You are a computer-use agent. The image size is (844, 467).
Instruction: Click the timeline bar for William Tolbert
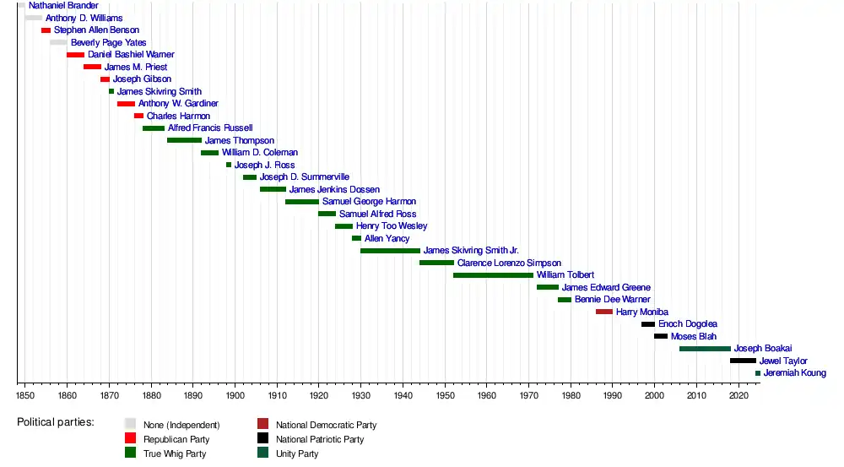(493, 275)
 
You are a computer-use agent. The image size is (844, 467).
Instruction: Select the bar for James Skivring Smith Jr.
(390, 251)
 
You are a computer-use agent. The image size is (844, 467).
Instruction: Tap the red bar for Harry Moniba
(604, 312)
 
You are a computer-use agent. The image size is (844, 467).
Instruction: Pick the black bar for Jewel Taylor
(743, 361)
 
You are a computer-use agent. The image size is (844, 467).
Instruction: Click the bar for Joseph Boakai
(705, 349)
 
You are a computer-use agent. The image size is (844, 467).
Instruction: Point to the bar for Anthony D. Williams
(33, 18)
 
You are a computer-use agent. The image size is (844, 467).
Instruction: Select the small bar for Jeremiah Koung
(758, 373)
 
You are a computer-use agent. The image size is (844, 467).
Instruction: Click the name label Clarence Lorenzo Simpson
(509, 263)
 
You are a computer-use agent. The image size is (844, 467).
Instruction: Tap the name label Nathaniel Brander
(63, 6)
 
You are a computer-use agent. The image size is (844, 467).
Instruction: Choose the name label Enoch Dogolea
(688, 324)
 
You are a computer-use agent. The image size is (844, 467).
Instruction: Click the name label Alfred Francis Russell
(210, 128)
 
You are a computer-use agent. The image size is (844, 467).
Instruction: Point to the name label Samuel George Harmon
(369, 202)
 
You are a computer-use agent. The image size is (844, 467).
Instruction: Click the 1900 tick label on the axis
(235, 394)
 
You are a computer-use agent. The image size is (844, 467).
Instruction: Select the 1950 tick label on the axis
(445, 394)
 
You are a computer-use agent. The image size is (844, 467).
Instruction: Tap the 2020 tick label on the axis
(738, 394)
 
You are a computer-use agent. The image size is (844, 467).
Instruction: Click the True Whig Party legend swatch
(130, 453)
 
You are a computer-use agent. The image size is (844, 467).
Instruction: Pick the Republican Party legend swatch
(130, 439)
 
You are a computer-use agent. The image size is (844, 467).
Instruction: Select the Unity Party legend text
(297, 453)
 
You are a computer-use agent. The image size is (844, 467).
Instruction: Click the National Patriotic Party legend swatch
(263, 439)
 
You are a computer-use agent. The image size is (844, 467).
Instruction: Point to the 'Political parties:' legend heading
(56, 422)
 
